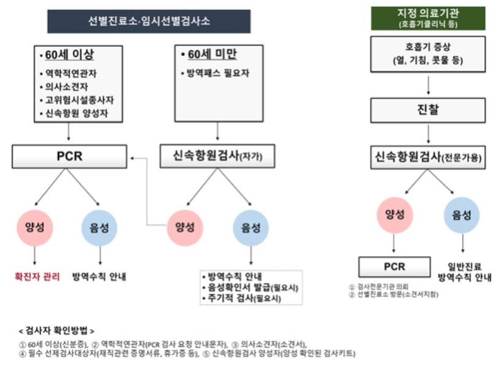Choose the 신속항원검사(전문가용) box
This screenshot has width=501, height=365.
[x=428, y=158]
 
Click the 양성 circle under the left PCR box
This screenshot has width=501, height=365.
[x=34, y=226]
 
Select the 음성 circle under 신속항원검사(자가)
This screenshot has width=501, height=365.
[x=251, y=227]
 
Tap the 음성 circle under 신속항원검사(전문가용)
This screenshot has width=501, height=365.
[x=461, y=215]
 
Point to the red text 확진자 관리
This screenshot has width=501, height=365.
[x=37, y=277]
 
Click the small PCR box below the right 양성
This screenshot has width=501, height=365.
[x=394, y=267]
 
